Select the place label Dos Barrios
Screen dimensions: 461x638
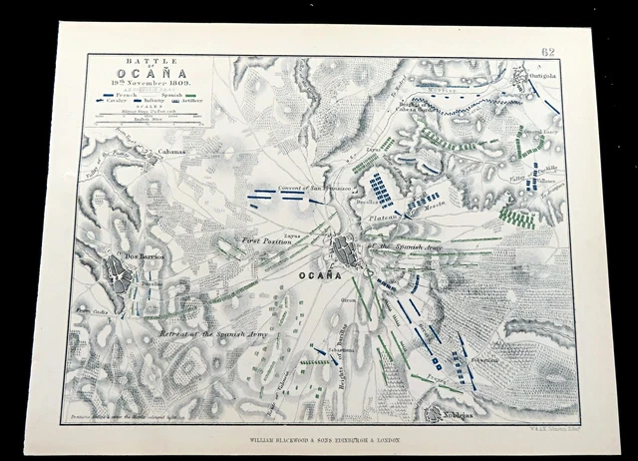point(143,255)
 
